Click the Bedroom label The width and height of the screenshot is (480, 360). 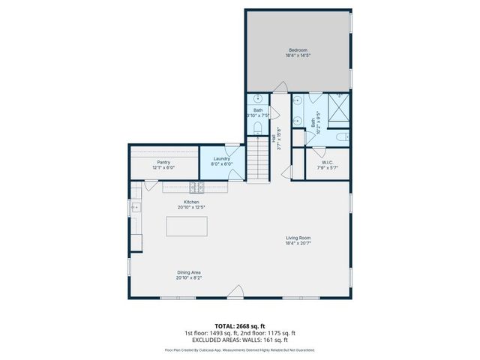(297, 50)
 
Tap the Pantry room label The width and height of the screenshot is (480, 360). (163, 162)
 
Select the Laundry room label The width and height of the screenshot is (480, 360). (221, 158)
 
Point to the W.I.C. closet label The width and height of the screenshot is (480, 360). (328, 162)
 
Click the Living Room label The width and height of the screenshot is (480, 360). (298, 238)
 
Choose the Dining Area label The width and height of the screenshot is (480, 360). (189, 272)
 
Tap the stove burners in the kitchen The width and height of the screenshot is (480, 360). (197, 187)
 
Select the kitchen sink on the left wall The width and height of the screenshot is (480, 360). (136, 205)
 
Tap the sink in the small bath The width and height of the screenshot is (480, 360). (257, 98)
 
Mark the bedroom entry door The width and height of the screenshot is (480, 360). (279, 88)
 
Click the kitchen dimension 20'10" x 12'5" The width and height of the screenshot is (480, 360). (191, 207)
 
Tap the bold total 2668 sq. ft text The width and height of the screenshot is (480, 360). (240, 326)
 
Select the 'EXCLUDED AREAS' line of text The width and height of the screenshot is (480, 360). (240, 340)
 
